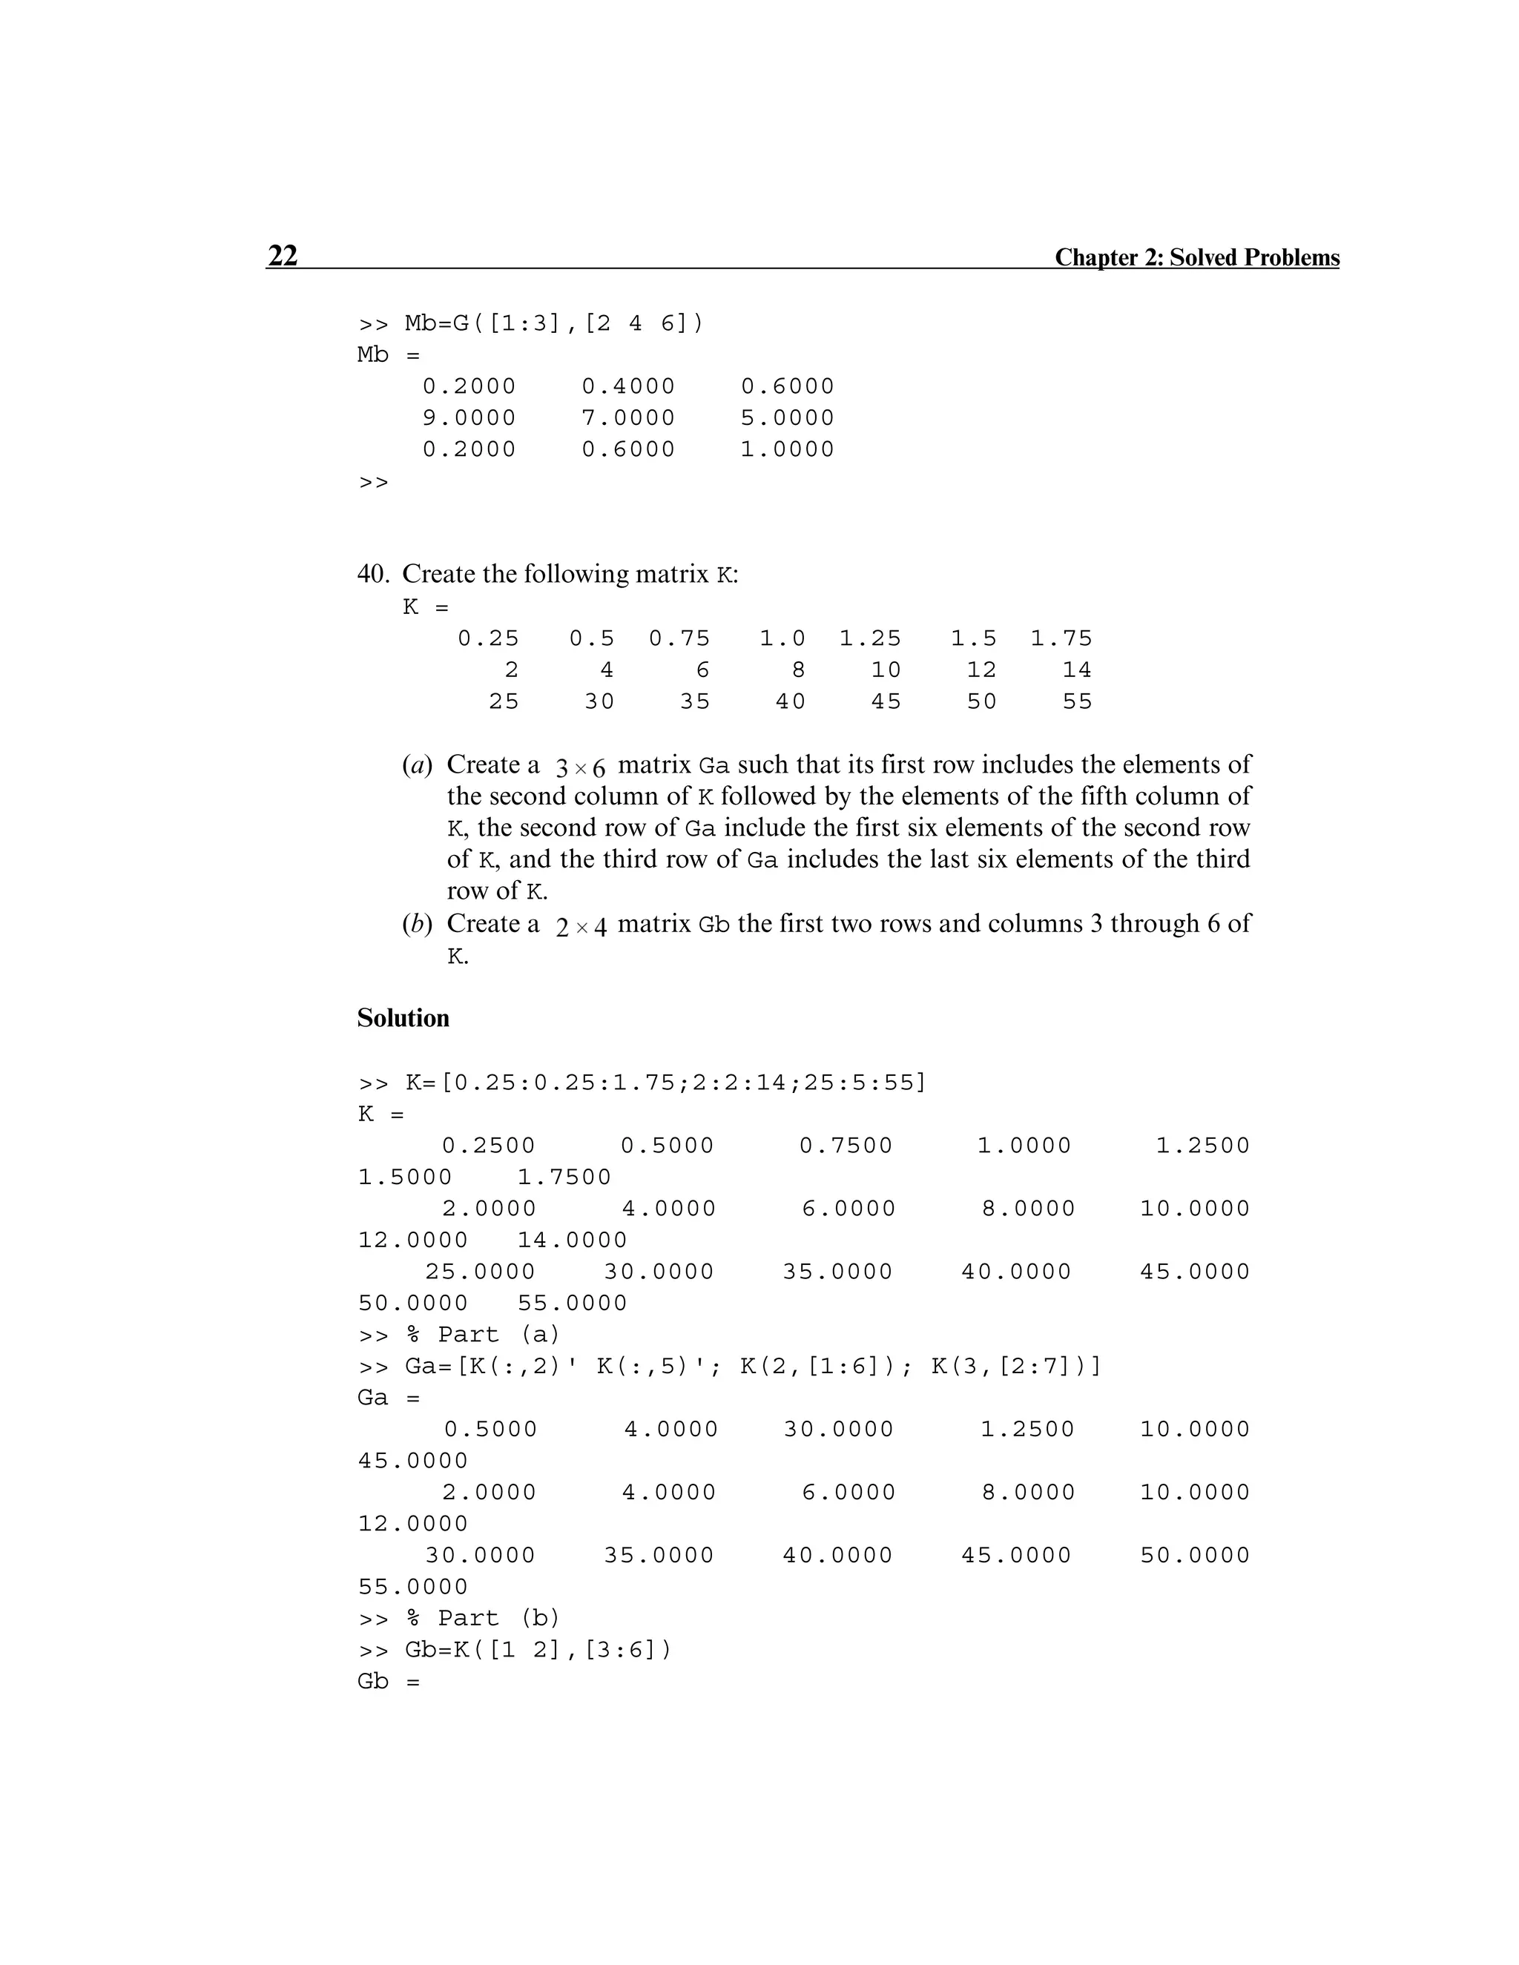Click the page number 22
(x=283, y=256)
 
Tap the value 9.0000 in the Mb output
(x=469, y=418)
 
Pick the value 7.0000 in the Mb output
(x=628, y=418)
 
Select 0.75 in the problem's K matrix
(x=679, y=638)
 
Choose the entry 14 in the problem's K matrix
(x=1076, y=670)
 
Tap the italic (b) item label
(x=418, y=924)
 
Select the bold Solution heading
(x=403, y=1017)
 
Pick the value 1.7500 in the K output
(x=564, y=1178)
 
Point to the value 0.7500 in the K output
(x=846, y=1146)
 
